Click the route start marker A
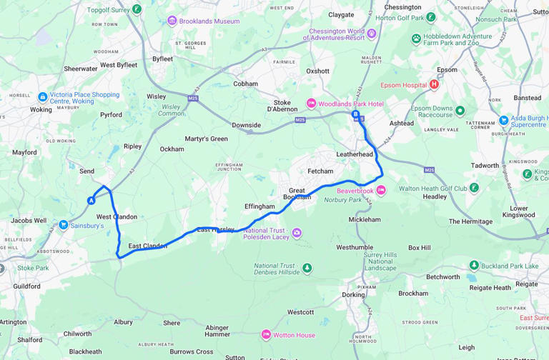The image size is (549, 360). (91, 201)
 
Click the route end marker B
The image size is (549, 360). (355, 114)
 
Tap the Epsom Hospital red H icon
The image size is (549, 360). (433, 84)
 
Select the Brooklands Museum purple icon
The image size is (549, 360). (172, 21)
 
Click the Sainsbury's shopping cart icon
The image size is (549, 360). (64, 225)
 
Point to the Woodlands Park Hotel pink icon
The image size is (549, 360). (310, 104)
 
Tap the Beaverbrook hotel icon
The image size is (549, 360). (381, 190)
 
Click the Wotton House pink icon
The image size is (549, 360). (266, 334)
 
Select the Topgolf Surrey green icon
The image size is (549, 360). (137, 10)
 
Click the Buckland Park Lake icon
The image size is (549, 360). (472, 265)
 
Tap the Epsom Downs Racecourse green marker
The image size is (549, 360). (460, 111)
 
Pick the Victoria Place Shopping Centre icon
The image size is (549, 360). (42, 97)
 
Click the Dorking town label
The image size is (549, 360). (353, 294)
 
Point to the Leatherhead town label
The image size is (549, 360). (355, 154)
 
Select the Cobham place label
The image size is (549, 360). (245, 84)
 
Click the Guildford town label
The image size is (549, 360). (26, 286)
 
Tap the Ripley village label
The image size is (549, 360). (132, 146)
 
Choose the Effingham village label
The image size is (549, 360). (259, 206)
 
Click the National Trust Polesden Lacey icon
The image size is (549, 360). (297, 233)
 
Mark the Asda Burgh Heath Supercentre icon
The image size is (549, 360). (504, 121)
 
